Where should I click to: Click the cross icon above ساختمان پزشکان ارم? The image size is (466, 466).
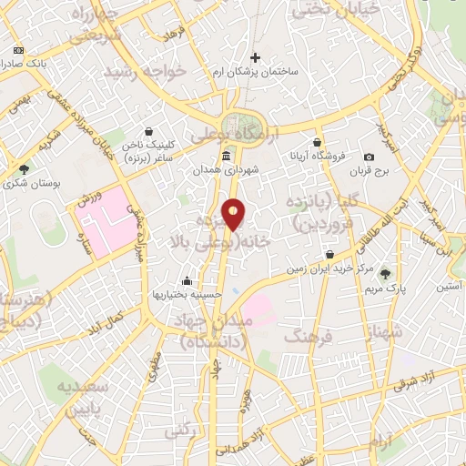pyautogui.click(x=255, y=56)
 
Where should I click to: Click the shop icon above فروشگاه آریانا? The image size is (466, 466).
pyautogui.click(x=317, y=143)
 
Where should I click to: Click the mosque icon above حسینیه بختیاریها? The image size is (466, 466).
pyautogui.click(x=187, y=280)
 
